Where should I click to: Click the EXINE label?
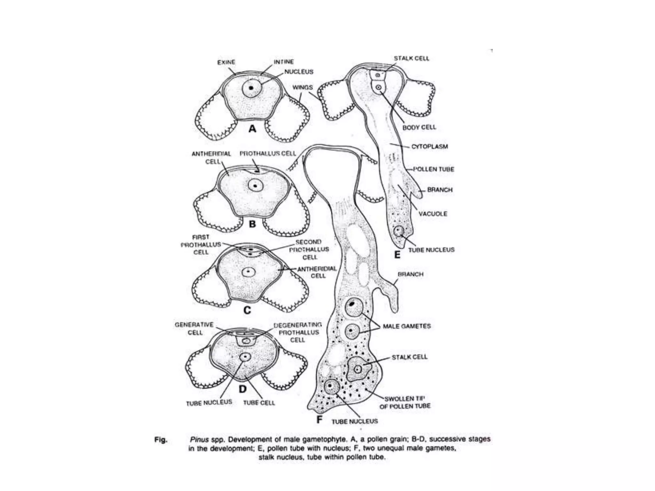(x=226, y=62)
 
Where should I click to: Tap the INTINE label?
(x=284, y=62)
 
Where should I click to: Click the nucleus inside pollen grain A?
(x=252, y=88)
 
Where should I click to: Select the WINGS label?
(x=303, y=87)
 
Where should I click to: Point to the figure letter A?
(x=253, y=129)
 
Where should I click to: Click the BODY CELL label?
(x=419, y=127)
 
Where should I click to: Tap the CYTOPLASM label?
(x=430, y=146)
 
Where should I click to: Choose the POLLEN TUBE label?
(x=434, y=169)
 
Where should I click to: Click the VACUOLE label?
(x=433, y=214)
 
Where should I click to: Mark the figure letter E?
(x=397, y=255)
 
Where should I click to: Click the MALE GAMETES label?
(x=407, y=326)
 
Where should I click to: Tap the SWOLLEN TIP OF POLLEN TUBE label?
(x=405, y=402)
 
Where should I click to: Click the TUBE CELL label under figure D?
(x=259, y=403)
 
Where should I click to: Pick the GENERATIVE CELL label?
(x=194, y=329)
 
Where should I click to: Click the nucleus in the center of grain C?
(x=249, y=272)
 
